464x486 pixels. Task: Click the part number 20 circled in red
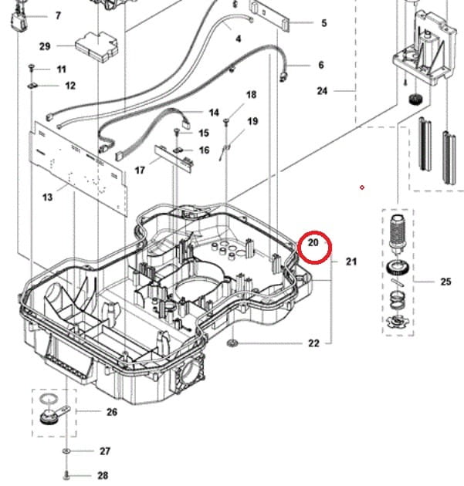point(313,243)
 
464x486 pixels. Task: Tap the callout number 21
point(351,262)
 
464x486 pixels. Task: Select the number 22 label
point(313,343)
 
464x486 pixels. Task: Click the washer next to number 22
point(232,342)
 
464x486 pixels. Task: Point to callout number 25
point(445,282)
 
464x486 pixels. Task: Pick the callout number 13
point(48,197)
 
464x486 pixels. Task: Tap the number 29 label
point(45,46)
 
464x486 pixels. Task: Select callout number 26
point(112,412)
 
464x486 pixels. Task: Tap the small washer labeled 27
point(67,451)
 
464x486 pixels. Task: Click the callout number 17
point(141,169)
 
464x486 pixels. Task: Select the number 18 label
point(252,95)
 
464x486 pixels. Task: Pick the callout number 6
point(321,66)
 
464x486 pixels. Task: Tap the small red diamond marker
point(361,187)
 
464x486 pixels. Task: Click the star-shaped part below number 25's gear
point(400,320)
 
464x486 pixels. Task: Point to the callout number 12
point(70,86)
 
